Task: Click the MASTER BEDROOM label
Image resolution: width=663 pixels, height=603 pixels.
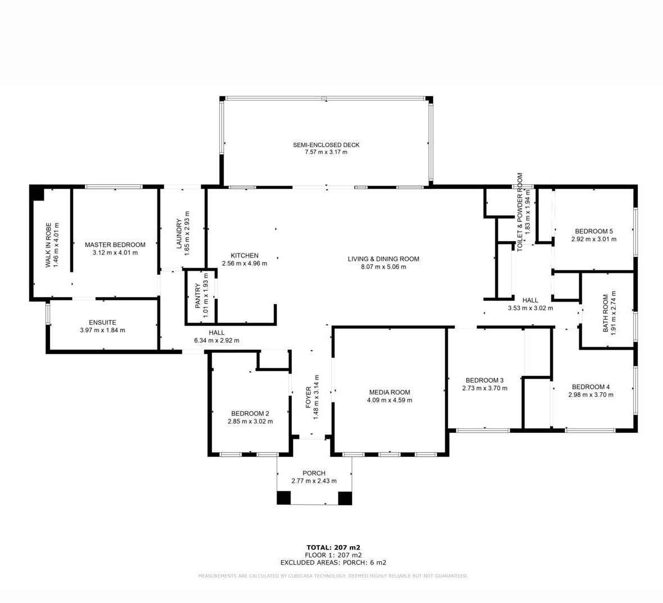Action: tap(115, 244)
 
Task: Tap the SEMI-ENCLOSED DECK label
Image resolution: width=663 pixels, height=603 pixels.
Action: tap(326, 145)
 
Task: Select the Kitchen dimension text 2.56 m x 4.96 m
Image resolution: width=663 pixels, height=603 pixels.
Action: tap(245, 263)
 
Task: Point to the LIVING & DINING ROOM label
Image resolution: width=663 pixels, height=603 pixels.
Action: tap(384, 259)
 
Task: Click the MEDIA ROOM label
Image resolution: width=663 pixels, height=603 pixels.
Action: tap(390, 392)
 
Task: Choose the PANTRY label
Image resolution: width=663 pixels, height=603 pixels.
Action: tap(198, 296)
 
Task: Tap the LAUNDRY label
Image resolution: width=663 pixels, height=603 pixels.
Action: tap(179, 234)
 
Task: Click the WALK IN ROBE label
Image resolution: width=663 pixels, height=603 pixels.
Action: tap(48, 245)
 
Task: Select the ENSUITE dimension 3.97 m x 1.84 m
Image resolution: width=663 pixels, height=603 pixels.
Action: tap(102, 330)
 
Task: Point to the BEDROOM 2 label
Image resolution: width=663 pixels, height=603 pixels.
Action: tap(250, 414)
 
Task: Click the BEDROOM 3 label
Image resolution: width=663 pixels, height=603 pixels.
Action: tap(485, 380)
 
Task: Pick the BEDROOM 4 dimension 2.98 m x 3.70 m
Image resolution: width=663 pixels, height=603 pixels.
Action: tap(590, 395)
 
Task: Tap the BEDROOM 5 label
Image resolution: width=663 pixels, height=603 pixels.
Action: tap(594, 231)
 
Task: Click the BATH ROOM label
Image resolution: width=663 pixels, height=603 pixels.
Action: tap(606, 313)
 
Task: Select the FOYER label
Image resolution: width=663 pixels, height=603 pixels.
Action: tap(308, 397)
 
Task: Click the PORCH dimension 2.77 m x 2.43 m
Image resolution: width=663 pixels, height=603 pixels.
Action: tap(314, 481)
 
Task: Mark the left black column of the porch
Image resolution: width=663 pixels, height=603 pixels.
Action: tap(284, 498)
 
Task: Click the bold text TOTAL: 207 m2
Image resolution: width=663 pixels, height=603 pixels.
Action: tap(333, 547)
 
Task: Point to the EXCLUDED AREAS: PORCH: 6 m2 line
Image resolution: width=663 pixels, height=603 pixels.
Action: tap(333, 563)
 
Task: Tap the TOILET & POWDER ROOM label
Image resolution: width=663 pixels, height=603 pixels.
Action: tap(520, 212)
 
